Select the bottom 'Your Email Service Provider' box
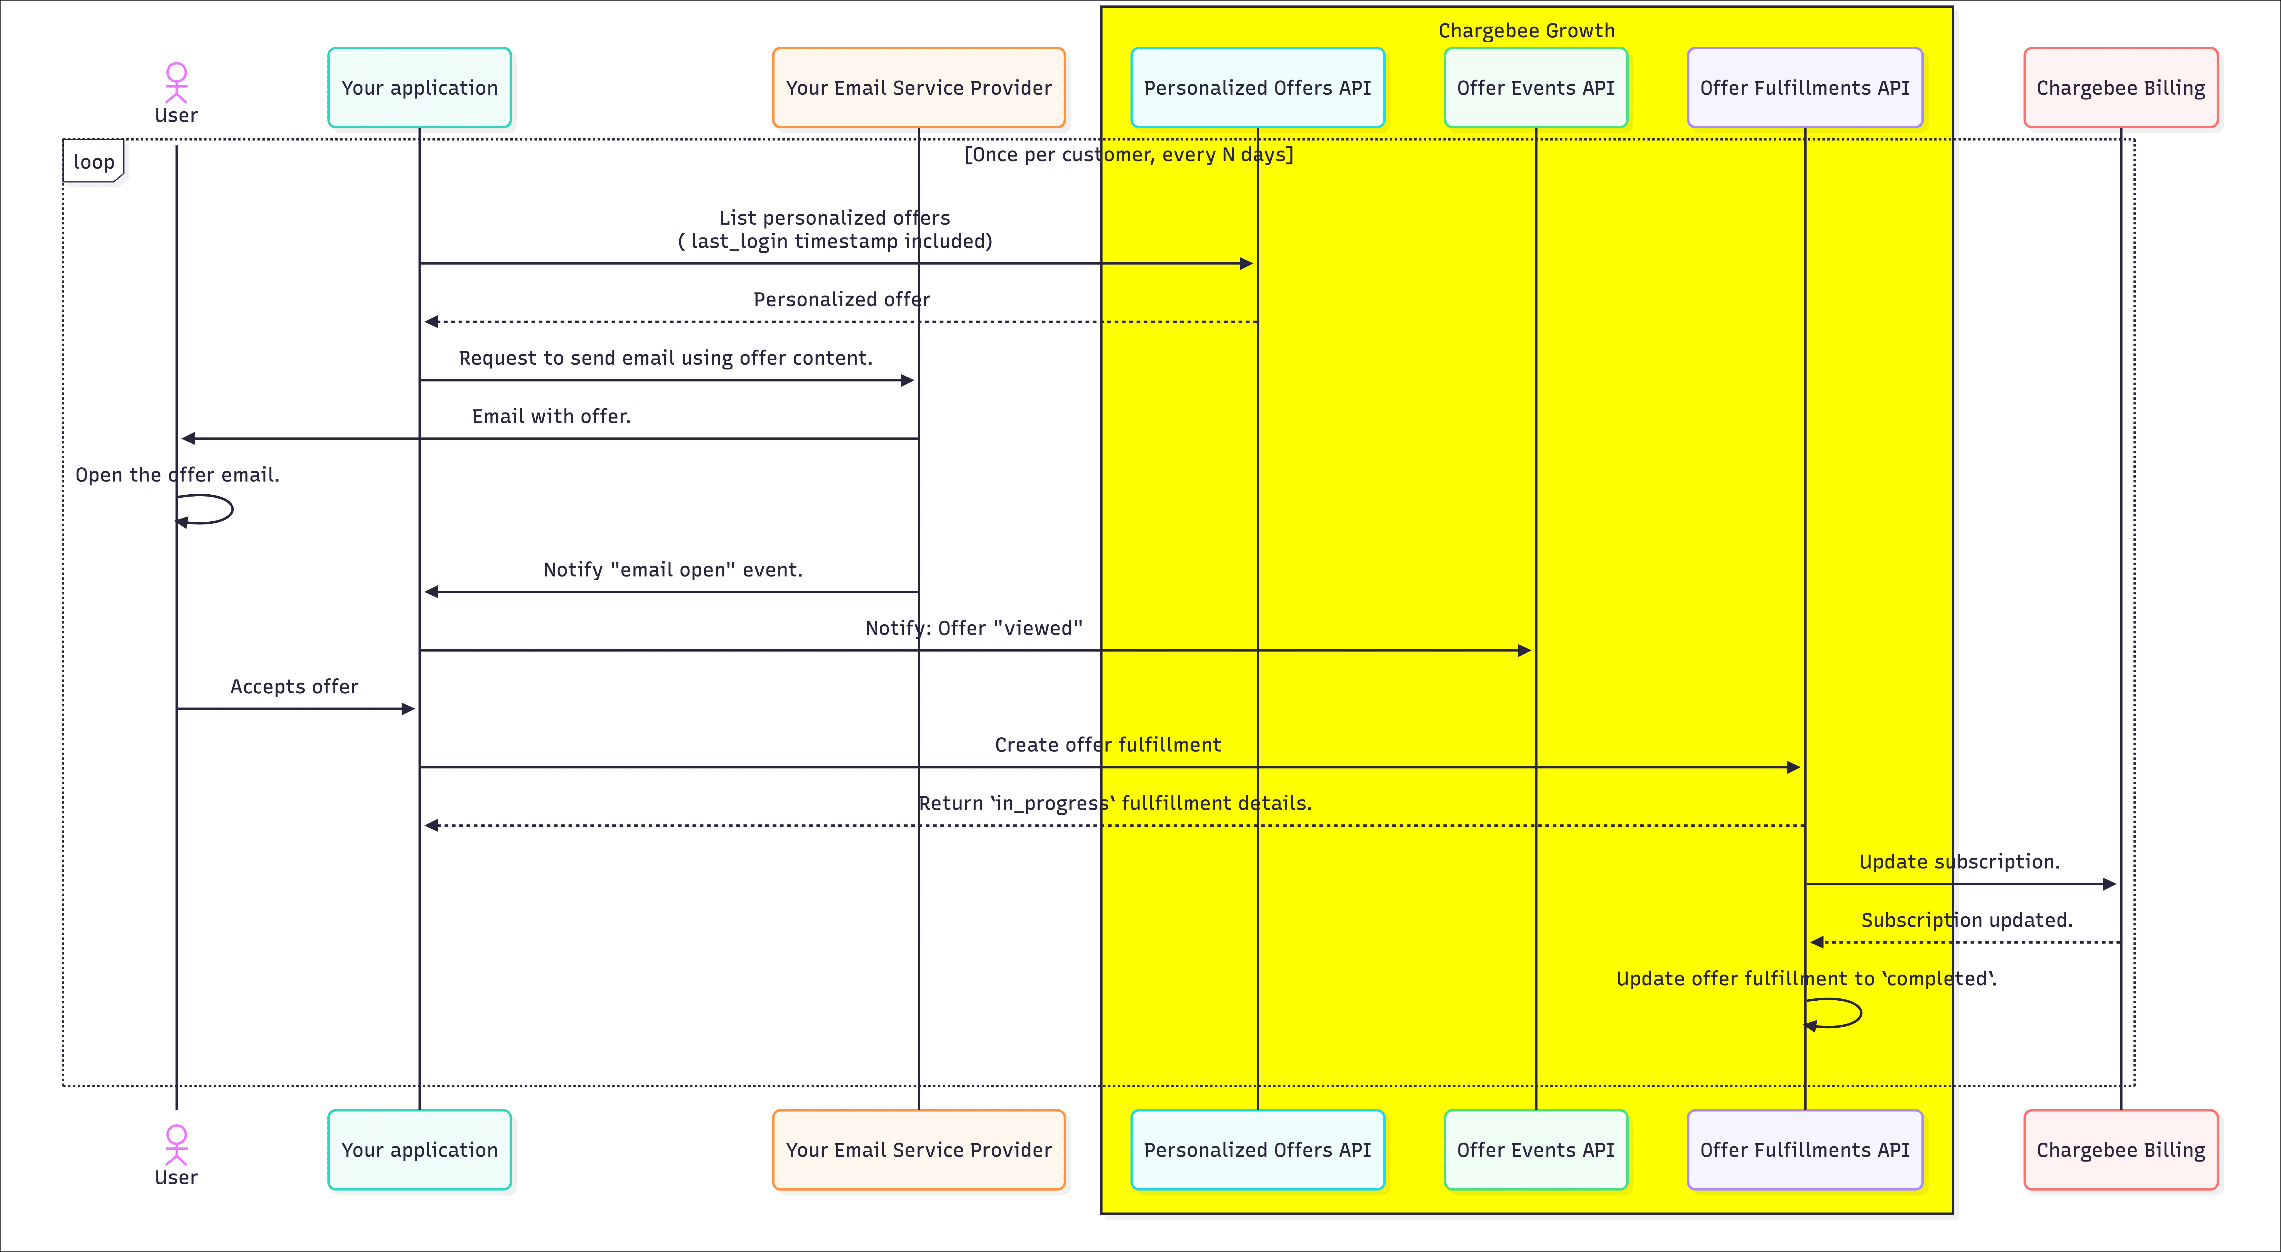[x=918, y=1149]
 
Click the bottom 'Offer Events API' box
[x=1535, y=1149]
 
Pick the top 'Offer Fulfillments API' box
[x=1805, y=88]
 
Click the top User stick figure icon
[x=176, y=82]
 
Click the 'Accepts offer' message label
[x=294, y=686]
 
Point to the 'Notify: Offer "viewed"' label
[x=973, y=628]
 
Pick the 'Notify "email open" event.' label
[x=672, y=569]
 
